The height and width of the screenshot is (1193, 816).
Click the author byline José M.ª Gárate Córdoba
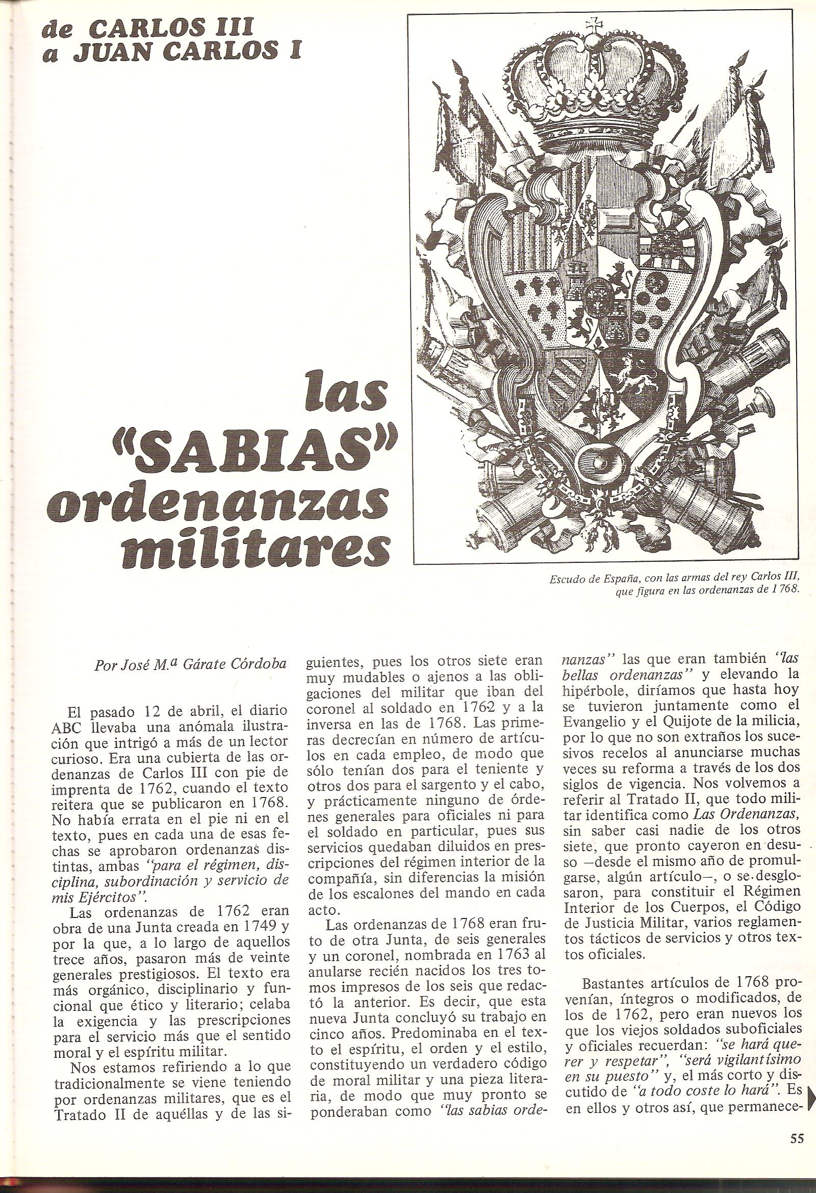(189, 665)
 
